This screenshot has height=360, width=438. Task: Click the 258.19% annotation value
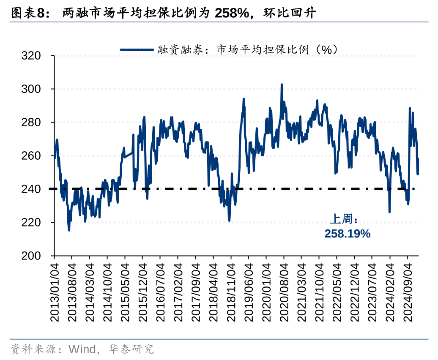click(x=347, y=234)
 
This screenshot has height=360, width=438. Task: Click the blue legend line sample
click(x=137, y=49)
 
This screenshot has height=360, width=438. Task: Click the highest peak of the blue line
click(x=282, y=85)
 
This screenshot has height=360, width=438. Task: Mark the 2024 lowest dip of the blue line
click(x=389, y=212)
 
